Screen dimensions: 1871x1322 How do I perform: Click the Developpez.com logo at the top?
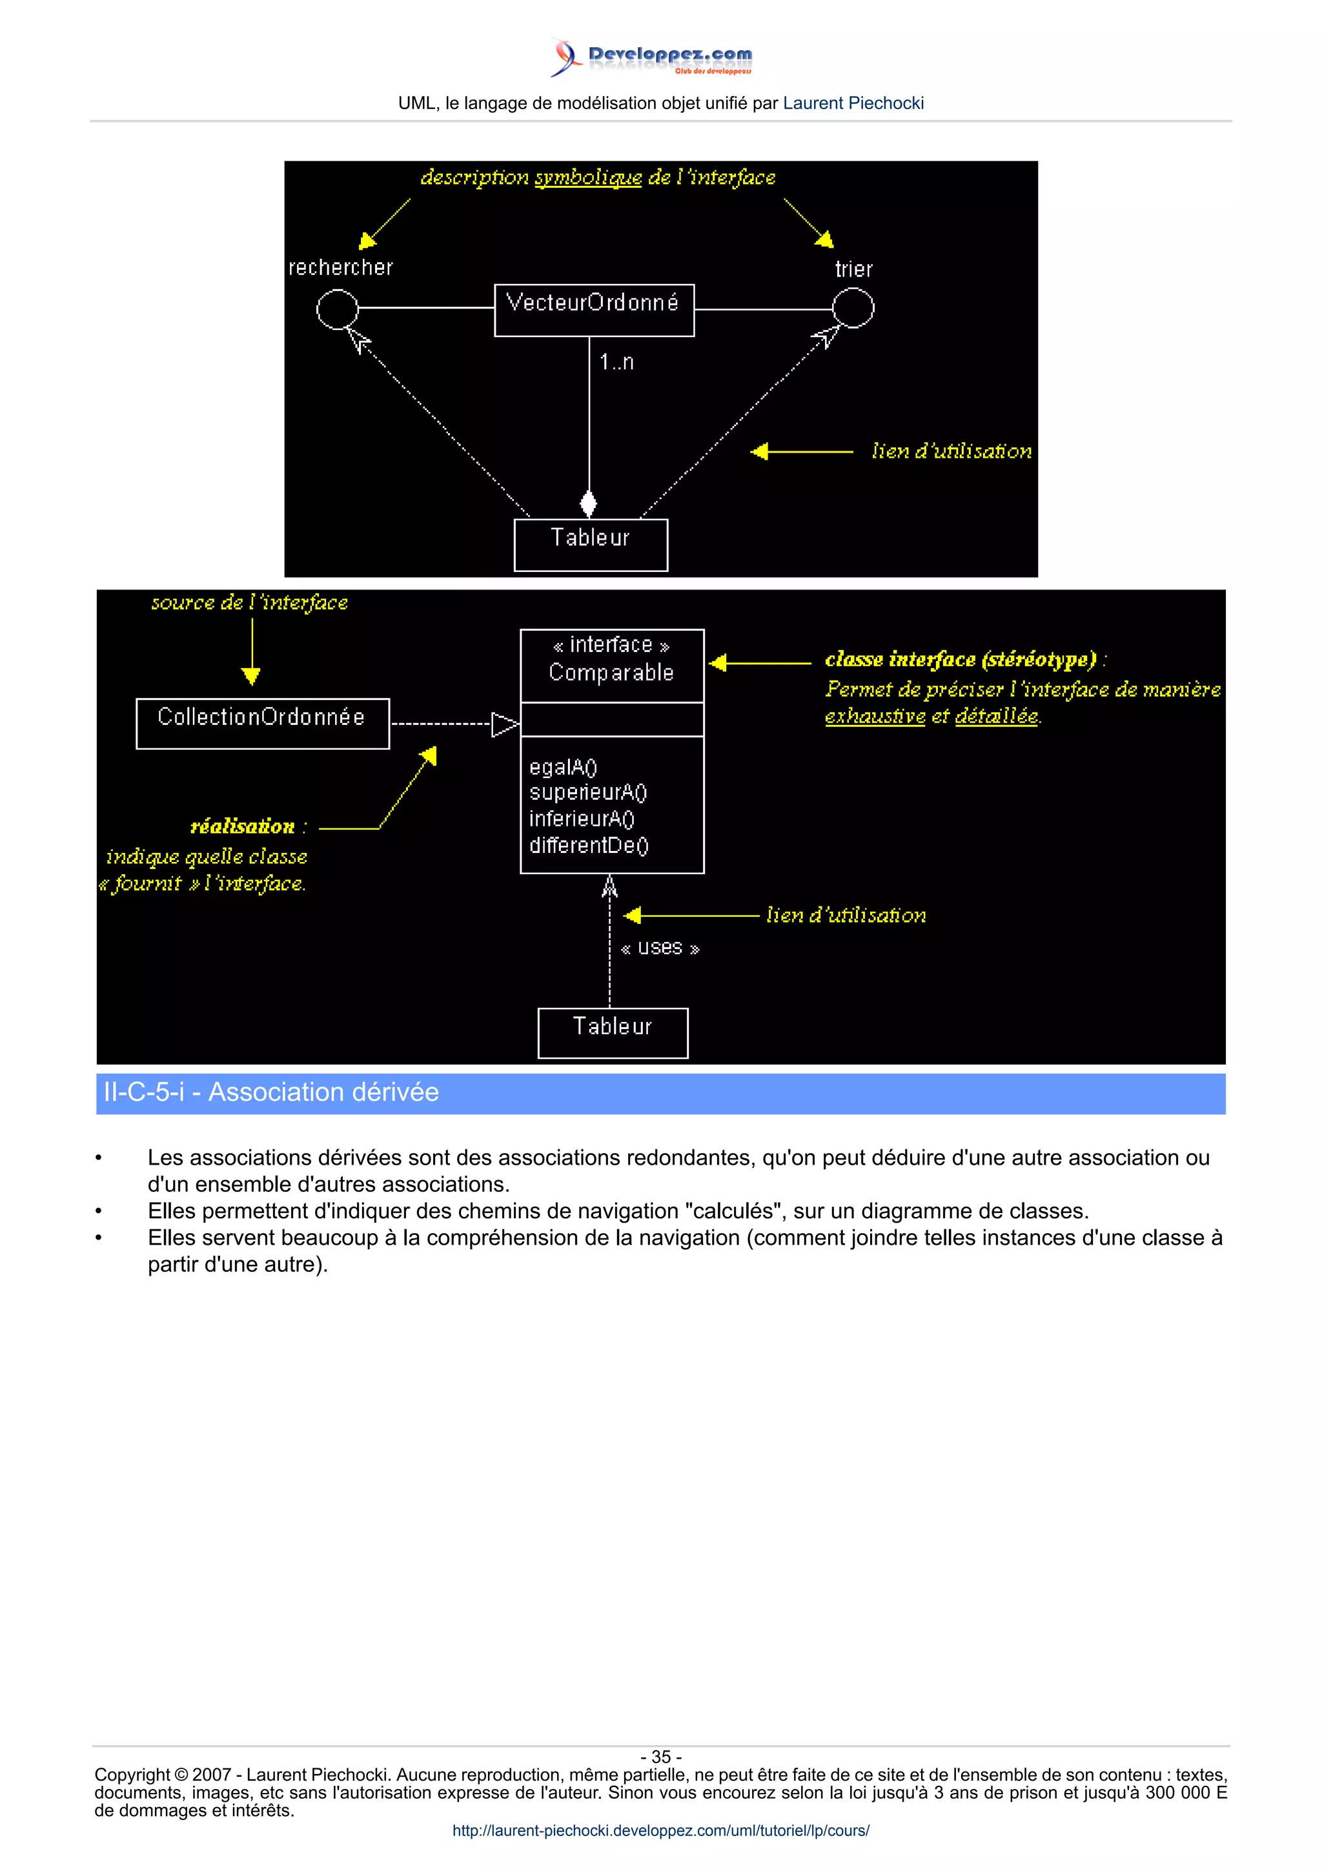point(651,57)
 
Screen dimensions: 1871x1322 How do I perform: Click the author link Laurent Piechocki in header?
point(853,103)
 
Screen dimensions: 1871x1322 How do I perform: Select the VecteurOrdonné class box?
point(594,310)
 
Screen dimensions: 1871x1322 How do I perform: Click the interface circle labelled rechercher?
point(336,309)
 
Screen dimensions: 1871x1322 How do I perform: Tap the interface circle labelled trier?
point(853,309)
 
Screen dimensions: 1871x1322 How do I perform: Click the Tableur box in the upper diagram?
point(591,544)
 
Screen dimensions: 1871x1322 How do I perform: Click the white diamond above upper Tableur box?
point(588,503)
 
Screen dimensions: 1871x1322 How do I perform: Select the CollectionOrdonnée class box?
point(262,723)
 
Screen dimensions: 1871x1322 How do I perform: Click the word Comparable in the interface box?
point(611,673)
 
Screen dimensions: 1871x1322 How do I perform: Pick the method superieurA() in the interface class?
point(587,793)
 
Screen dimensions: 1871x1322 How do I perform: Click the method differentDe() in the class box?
point(588,846)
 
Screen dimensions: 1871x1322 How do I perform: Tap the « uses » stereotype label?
point(660,948)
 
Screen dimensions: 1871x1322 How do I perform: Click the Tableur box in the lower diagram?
point(613,1032)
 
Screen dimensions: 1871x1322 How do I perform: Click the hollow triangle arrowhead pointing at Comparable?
point(504,724)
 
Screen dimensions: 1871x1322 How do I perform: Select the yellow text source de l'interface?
point(249,603)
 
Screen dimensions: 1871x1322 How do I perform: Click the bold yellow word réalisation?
point(242,827)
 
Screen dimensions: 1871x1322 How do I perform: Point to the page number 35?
point(660,1757)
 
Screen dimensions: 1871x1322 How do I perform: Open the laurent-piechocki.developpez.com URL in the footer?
point(660,1830)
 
